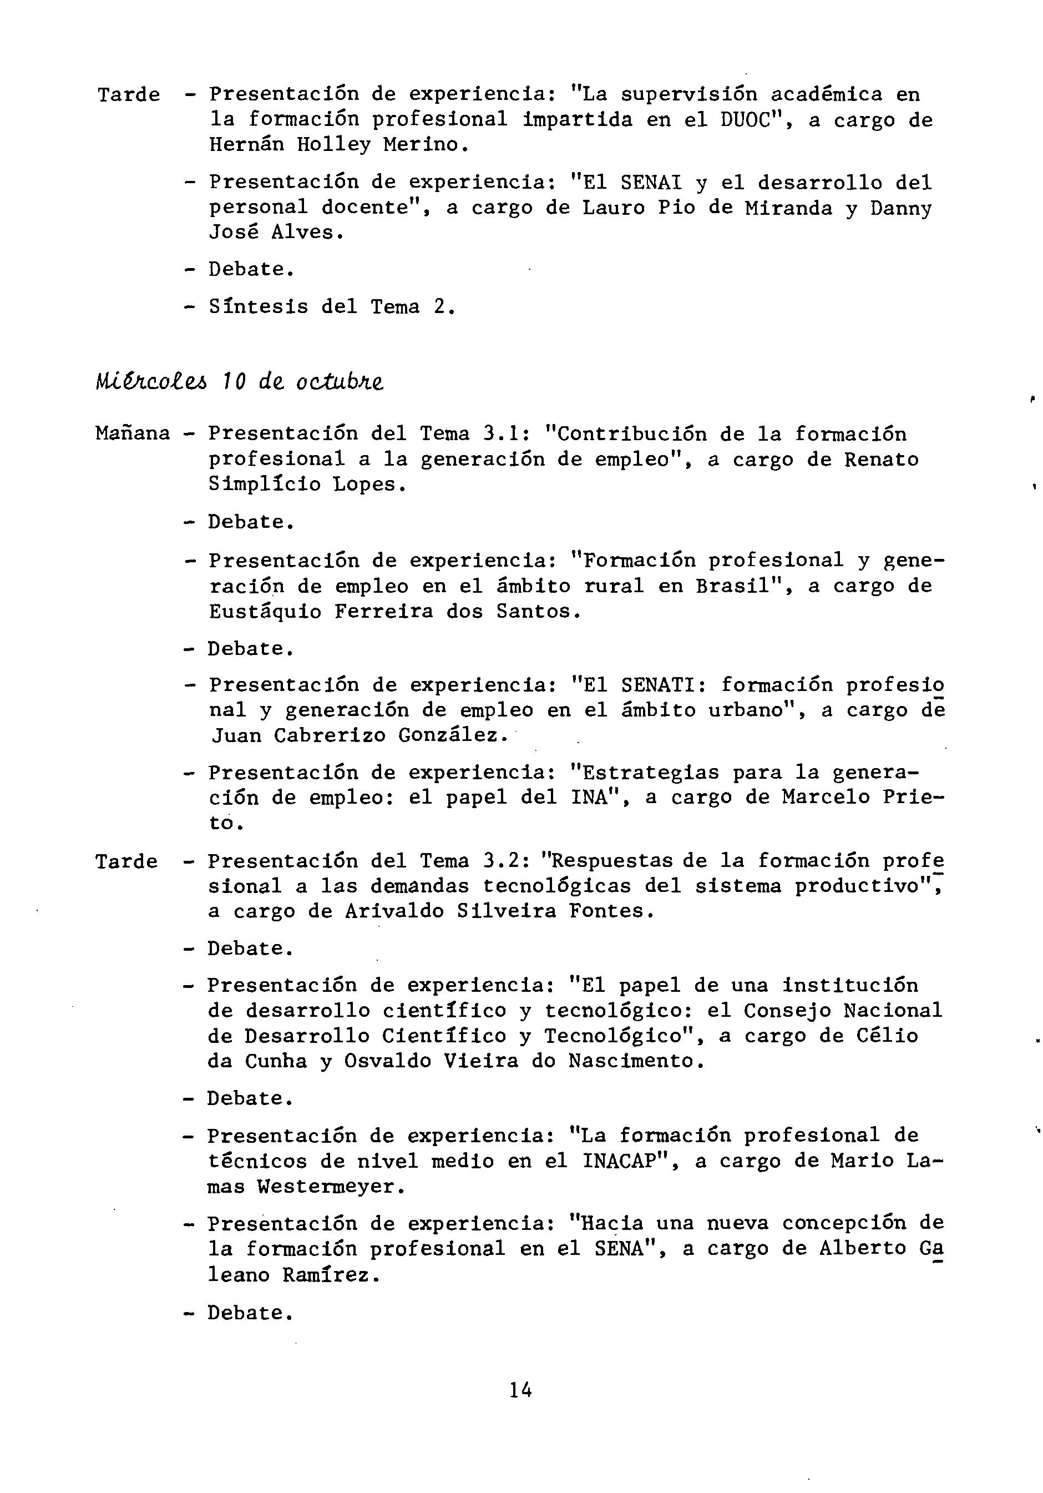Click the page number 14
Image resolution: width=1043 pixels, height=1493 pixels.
[x=520, y=1391]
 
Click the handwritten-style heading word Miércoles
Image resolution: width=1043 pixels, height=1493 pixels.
[x=153, y=382]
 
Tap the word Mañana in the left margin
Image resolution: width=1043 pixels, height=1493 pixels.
[x=133, y=433]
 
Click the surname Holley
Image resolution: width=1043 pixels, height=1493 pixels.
[x=334, y=144]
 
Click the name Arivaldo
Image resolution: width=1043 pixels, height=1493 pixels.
[x=394, y=911]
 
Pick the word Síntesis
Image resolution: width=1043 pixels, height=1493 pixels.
[x=259, y=307]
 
